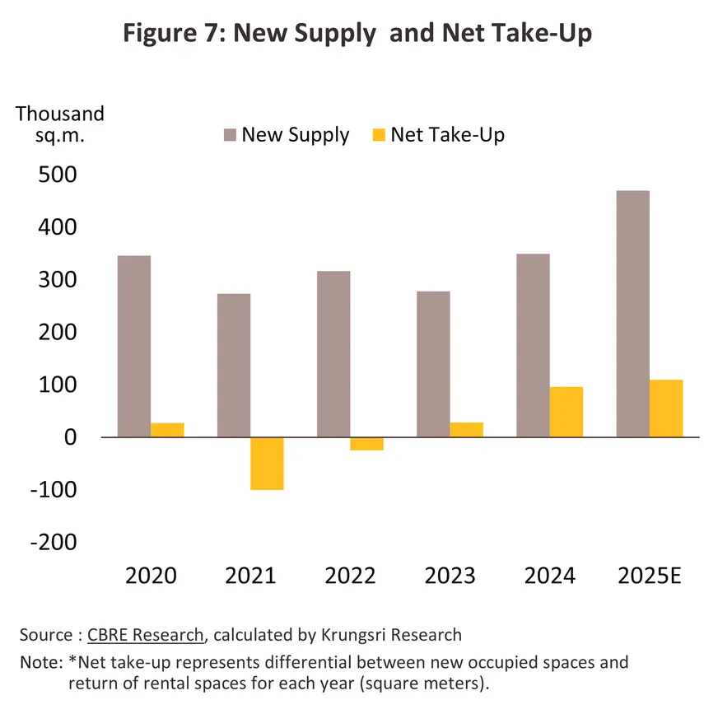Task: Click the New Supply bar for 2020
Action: point(134,346)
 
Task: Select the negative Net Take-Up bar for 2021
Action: point(267,464)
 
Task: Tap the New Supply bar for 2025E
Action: point(632,314)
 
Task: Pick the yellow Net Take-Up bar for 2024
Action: point(566,412)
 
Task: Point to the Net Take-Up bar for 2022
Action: point(366,444)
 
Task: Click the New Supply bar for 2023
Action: point(433,364)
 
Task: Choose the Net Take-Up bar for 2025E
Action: point(666,408)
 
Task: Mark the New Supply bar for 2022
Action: point(333,354)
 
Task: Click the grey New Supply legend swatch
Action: point(229,135)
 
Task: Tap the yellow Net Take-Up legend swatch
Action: point(379,135)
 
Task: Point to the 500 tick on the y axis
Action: point(58,175)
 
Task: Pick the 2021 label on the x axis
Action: point(250,575)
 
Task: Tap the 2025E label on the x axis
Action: point(650,575)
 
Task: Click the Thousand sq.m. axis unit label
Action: point(60,124)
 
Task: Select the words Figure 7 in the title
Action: point(170,35)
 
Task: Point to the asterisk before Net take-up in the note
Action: point(72,661)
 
